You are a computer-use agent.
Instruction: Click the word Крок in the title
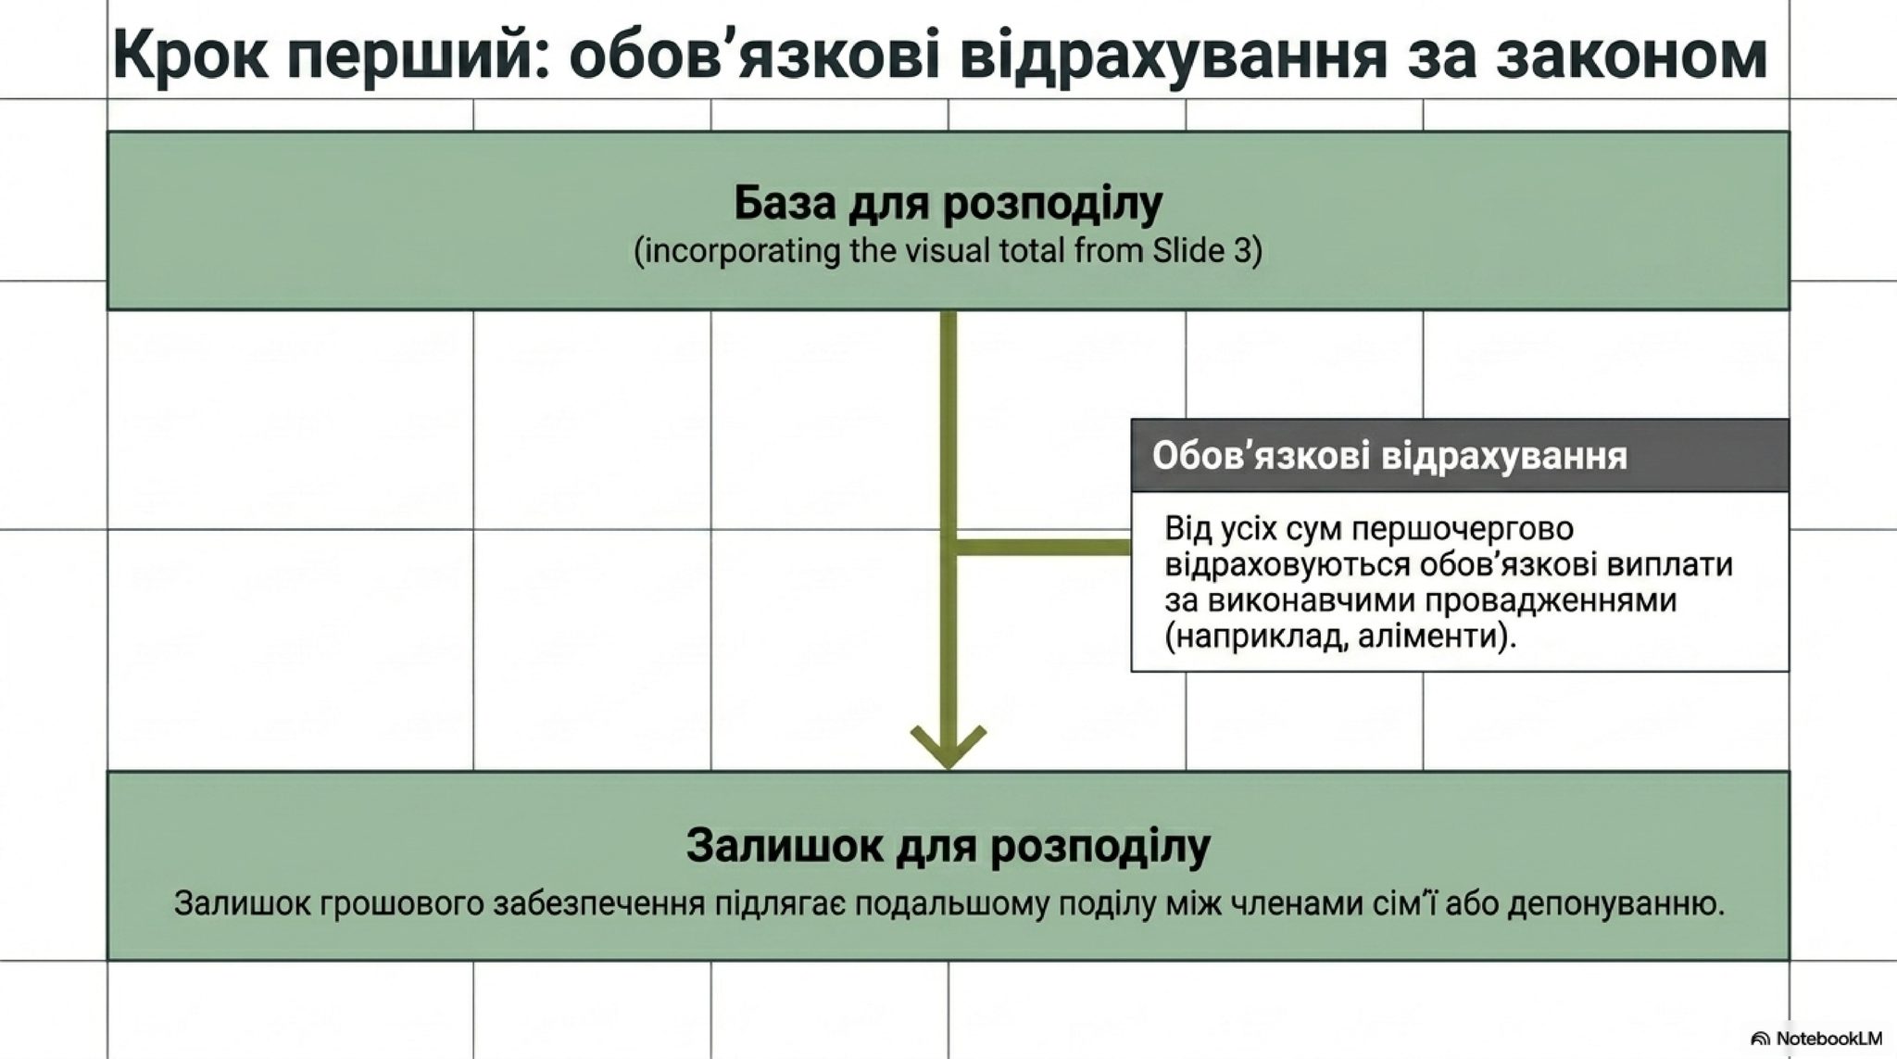(186, 56)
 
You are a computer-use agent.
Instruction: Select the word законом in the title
(1632, 56)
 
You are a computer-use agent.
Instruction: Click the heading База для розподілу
(948, 204)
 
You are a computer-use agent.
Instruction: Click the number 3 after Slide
(1243, 251)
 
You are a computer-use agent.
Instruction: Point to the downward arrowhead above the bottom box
(948, 746)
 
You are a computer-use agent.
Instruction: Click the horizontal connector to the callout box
(1042, 547)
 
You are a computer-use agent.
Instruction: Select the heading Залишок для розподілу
(948, 846)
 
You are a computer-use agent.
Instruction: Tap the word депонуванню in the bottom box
(1615, 904)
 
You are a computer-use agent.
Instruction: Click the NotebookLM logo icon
(1761, 1039)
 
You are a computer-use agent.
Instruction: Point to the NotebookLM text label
(1828, 1039)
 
